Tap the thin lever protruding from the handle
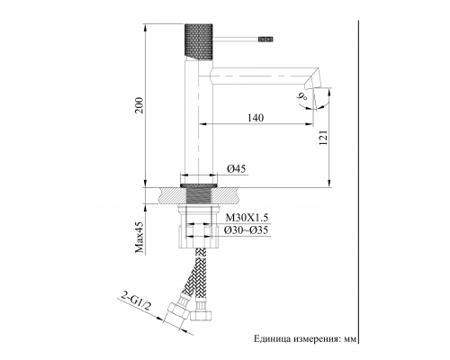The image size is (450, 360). click(x=238, y=40)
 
